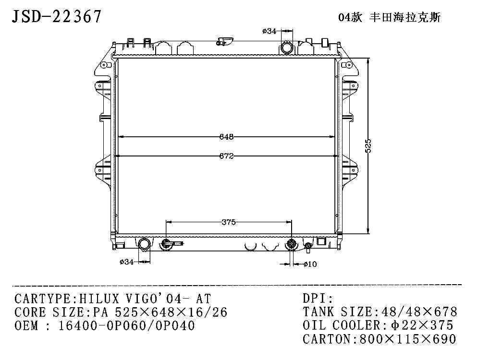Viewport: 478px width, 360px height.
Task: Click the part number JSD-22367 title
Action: [56, 16]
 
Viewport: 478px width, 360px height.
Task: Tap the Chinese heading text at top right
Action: [389, 17]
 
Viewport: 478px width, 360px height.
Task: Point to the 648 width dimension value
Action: [226, 137]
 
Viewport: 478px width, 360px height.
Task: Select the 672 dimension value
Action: [226, 156]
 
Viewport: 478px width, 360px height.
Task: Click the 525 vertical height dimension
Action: [368, 146]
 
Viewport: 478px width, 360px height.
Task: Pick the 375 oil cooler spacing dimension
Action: [229, 222]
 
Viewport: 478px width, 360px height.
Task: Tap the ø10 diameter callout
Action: [310, 264]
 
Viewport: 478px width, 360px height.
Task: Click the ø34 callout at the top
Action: [269, 31]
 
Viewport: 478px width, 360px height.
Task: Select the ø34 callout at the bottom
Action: [126, 262]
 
